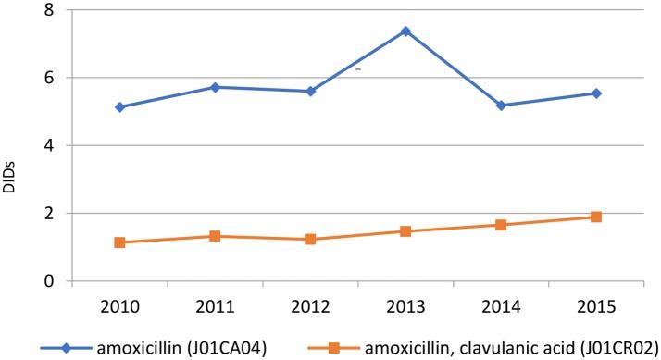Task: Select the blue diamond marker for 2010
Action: [x=119, y=107]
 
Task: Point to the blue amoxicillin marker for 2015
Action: [x=596, y=93]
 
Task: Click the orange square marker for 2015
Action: [x=596, y=217]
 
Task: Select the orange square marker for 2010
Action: [x=119, y=242]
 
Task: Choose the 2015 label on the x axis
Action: [x=596, y=304]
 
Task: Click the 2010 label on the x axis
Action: [x=119, y=304]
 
